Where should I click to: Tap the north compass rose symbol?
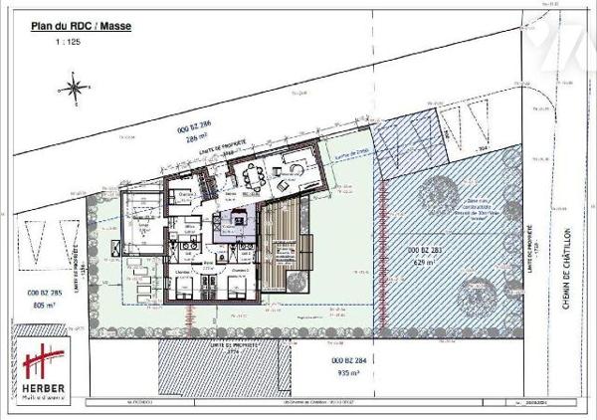tap(75, 88)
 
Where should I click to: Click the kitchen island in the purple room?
tap(237, 220)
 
